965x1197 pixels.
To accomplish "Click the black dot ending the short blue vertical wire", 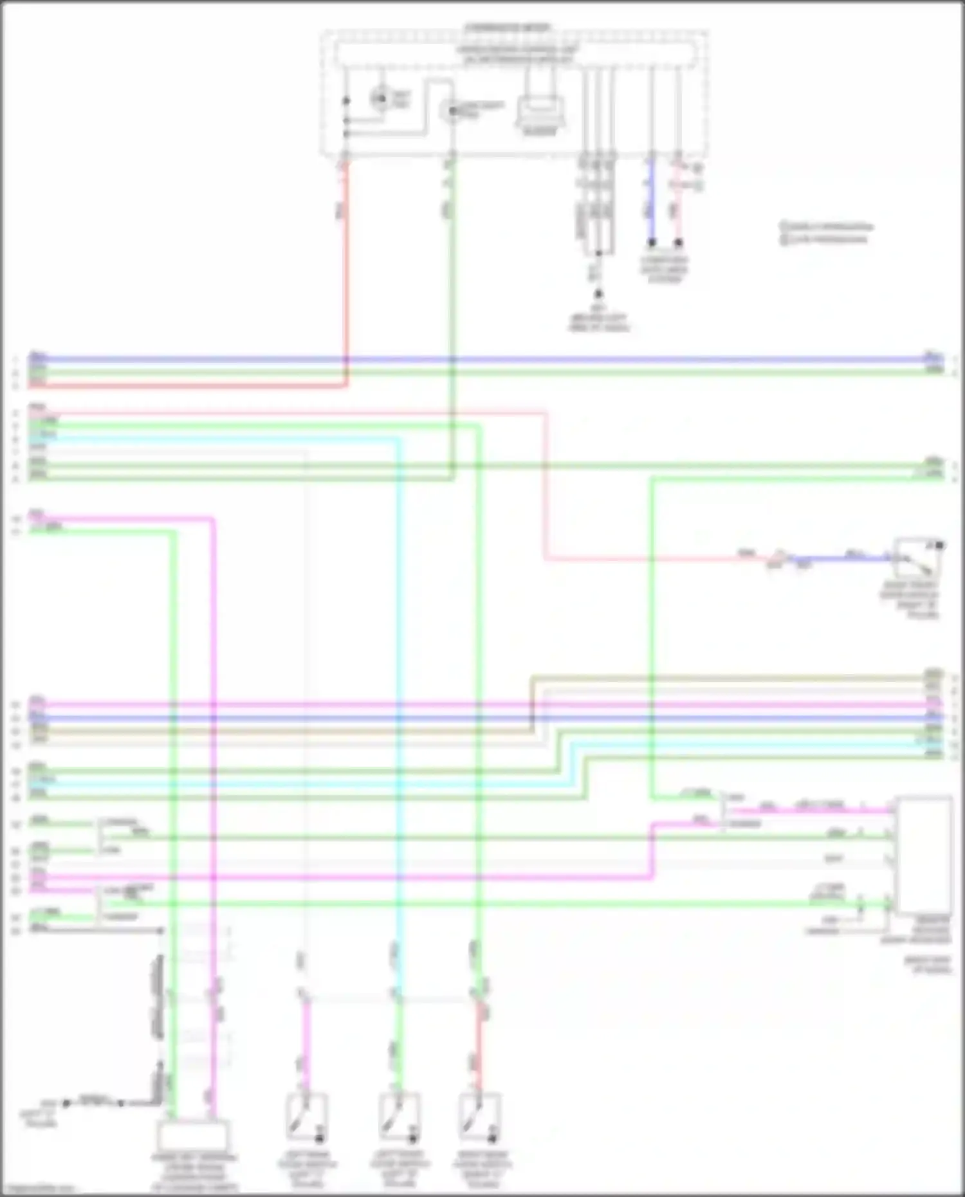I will pyautogui.click(x=651, y=243).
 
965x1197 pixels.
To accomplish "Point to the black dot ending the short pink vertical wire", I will pyautogui.click(x=678, y=243).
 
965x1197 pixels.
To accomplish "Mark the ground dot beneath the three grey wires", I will pyautogui.click(x=598, y=294).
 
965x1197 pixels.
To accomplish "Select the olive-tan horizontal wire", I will pyautogui.click(x=727, y=678).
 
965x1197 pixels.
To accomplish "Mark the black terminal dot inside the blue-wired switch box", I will pyautogui.click(x=939, y=545).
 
